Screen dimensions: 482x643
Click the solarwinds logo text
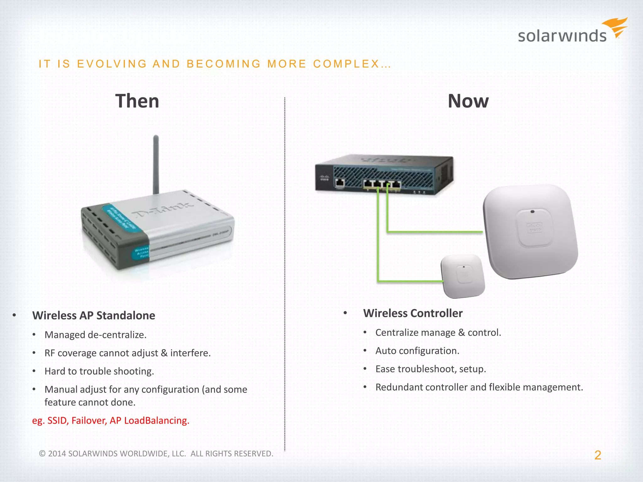coord(562,36)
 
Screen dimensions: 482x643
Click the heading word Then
coord(137,101)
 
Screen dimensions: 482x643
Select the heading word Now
coord(468,101)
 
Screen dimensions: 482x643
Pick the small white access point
coord(463,276)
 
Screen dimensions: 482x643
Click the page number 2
coord(597,455)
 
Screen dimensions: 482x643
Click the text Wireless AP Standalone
coord(94,315)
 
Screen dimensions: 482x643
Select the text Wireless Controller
coord(413,313)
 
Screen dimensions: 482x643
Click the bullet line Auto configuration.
coord(417,351)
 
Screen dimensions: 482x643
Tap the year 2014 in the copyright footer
coord(57,453)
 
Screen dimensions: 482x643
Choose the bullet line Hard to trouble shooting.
coord(99,371)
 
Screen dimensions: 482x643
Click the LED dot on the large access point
coord(532,212)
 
